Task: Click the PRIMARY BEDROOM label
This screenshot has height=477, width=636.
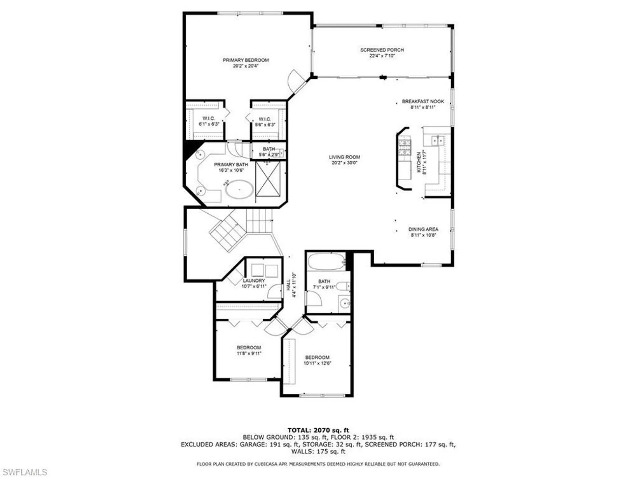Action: pyautogui.click(x=245, y=60)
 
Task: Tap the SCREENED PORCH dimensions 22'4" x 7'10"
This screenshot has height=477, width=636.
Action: pyautogui.click(x=382, y=56)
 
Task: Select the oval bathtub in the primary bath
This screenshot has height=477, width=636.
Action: pyautogui.click(x=239, y=190)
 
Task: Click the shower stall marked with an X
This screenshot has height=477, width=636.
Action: pyautogui.click(x=268, y=179)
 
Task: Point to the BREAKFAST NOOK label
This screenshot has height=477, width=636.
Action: pyautogui.click(x=423, y=101)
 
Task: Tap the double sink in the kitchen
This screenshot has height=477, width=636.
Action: pyautogui.click(x=438, y=140)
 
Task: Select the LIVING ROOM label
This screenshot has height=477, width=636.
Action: pyautogui.click(x=344, y=157)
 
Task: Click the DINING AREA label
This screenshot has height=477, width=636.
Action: pyautogui.click(x=423, y=229)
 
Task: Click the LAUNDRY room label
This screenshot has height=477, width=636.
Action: pyautogui.click(x=254, y=281)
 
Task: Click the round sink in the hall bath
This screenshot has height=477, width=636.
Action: pyautogui.click(x=344, y=303)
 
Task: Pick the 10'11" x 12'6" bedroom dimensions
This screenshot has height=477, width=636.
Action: pyautogui.click(x=317, y=363)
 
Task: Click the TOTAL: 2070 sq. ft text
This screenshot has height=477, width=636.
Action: pyautogui.click(x=318, y=430)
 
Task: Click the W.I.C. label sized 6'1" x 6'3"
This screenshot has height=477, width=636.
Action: pyautogui.click(x=209, y=118)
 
